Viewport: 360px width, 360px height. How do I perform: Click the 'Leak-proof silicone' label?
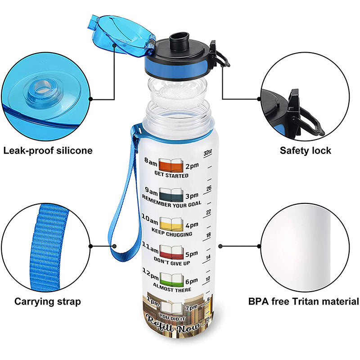pyautogui.click(x=48, y=150)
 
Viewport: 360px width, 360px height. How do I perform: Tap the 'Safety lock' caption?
pyautogui.click(x=305, y=150)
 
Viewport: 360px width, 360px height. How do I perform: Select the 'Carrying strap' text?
pyautogui.click(x=48, y=301)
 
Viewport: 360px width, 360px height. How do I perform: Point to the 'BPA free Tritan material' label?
pyautogui.click(x=303, y=301)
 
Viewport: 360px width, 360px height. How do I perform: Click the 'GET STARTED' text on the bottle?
pyautogui.click(x=171, y=175)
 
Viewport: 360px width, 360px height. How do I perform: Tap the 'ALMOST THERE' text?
pyautogui.click(x=172, y=289)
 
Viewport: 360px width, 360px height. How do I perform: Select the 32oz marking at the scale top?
pyautogui.click(x=207, y=153)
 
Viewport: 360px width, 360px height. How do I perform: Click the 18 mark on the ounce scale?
pyautogui.click(x=208, y=234)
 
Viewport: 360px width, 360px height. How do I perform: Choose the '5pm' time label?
pyautogui.click(x=192, y=252)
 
